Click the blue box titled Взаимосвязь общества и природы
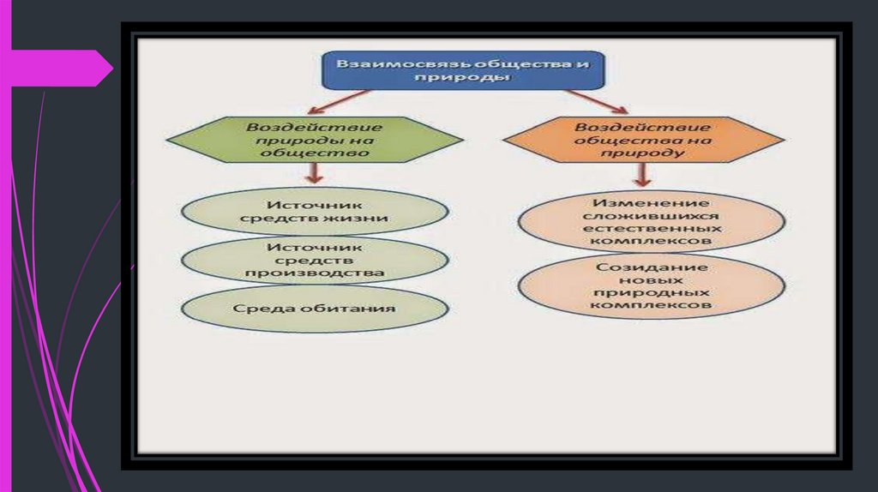tap(463, 69)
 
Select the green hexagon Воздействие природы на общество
tap(316, 139)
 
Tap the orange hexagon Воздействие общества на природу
tap(643, 139)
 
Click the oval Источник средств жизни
tap(316, 212)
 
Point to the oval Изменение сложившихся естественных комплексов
tap(652, 221)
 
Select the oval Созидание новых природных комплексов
tap(652, 285)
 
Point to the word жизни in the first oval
tap(365, 219)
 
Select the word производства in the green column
tap(314, 273)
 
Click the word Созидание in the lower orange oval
tap(652, 267)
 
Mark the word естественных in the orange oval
tap(652, 229)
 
